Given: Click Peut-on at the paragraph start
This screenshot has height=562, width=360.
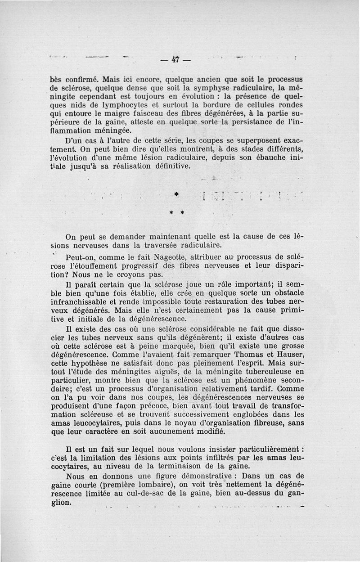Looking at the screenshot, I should pyautogui.click(x=80, y=257).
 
